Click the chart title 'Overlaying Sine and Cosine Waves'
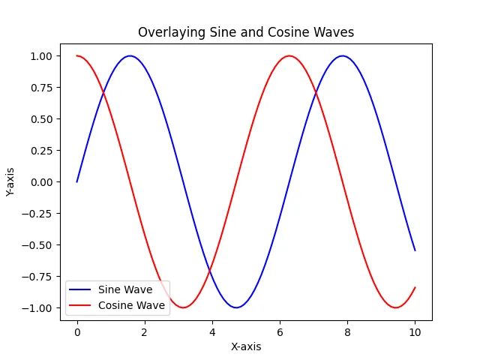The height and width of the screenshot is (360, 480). point(245,32)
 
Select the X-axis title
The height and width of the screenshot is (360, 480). point(245,346)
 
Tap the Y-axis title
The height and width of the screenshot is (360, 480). point(10,181)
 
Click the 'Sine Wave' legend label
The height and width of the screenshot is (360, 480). point(125,289)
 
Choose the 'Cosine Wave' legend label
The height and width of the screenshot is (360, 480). point(131,305)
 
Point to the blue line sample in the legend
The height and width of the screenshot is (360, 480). point(81,289)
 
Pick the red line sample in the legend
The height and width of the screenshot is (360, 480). point(81,305)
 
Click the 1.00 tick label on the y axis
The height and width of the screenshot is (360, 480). point(40,56)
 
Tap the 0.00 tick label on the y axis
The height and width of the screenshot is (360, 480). point(40,181)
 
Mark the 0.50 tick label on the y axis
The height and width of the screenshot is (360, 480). point(40,119)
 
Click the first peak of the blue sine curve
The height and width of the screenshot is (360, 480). point(130,55)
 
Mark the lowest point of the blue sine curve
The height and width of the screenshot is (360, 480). point(236,307)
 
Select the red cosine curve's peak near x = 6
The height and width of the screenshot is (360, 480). point(289,55)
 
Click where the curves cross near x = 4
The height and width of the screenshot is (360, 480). point(210,271)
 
